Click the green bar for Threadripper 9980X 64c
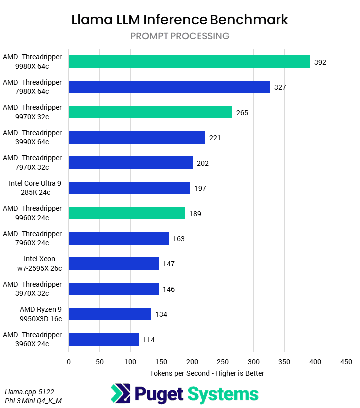tap(189, 62)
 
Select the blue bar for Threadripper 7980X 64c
tap(169, 87)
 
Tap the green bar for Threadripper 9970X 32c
tap(150, 112)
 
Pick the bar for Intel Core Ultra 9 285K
tap(129, 188)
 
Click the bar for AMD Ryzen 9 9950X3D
tap(110, 314)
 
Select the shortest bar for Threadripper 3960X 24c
tap(103, 339)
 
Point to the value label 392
tap(320, 62)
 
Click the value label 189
tap(195, 214)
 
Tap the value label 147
tap(169, 264)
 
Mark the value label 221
tap(215, 138)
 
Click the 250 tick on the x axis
tap(223, 362)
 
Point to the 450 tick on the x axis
tap(346, 362)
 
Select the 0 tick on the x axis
tap(69, 362)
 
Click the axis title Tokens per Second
tap(207, 373)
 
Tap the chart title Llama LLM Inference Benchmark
tap(180, 20)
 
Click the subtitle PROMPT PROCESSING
tap(180, 36)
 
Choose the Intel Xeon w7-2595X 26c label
tap(40, 263)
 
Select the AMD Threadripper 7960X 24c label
tap(32, 238)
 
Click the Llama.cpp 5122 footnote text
tap(29, 391)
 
